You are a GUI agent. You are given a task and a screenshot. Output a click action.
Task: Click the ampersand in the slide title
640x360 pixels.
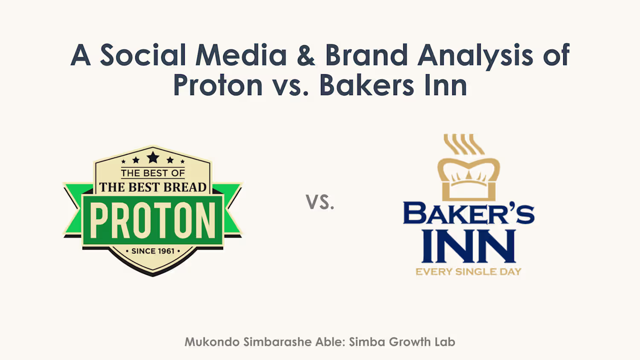pyautogui.click(x=306, y=55)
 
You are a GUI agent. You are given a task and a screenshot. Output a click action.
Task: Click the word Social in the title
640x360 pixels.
pyautogui.click(x=143, y=55)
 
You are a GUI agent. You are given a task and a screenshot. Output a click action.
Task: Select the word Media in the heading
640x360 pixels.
pyautogui.click(x=241, y=55)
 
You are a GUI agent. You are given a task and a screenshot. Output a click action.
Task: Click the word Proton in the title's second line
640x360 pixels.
pyautogui.click(x=218, y=85)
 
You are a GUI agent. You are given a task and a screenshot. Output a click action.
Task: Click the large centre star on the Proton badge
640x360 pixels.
pyautogui.click(x=153, y=157)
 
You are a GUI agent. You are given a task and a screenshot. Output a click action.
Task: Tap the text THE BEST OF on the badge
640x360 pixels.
pyautogui.click(x=153, y=173)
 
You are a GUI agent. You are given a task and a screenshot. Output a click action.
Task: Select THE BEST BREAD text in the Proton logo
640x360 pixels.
pyautogui.click(x=153, y=187)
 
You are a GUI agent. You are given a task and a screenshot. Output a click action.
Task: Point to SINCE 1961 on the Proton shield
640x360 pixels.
pyautogui.click(x=153, y=251)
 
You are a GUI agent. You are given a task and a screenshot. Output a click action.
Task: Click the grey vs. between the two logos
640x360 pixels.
pyautogui.click(x=320, y=202)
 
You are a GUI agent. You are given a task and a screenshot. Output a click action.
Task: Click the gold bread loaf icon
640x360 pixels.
pyautogui.click(x=468, y=179)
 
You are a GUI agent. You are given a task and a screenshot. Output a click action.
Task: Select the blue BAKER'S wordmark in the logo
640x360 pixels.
pyautogui.click(x=468, y=213)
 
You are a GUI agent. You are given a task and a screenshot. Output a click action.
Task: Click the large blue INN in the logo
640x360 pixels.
pyautogui.click(x=468, y=246)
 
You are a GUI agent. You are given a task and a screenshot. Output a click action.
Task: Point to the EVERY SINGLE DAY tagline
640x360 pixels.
pyautogui.click(x=468, y=271)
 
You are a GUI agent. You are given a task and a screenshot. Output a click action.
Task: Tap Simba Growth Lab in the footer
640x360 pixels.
pyautogui.click(x=402, y=342)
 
